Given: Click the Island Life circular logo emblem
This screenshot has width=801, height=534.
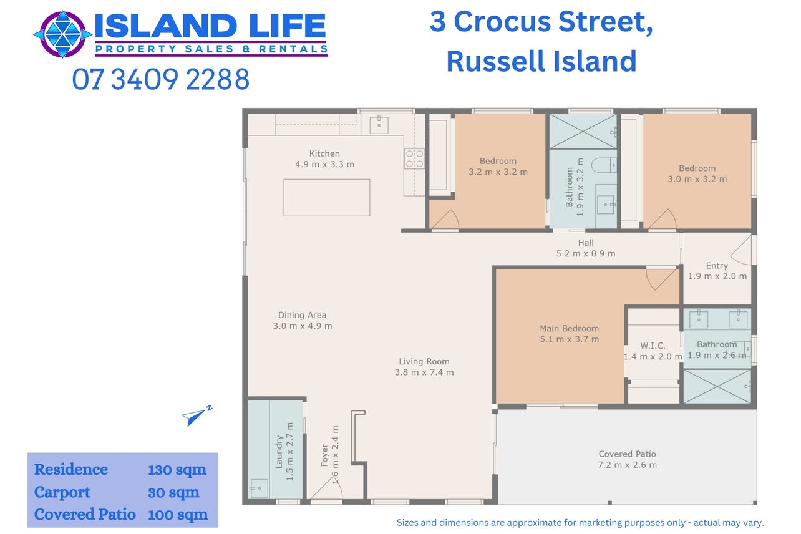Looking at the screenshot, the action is (x=62, y=34).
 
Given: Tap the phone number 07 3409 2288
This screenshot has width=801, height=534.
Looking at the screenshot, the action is (x=160, y=79).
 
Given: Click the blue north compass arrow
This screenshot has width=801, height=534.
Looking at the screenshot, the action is (x=197, y=415).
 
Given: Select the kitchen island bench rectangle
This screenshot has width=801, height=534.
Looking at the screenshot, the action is (x=327, y=197).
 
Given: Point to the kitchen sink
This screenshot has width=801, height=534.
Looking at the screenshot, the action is (x=379, y=125).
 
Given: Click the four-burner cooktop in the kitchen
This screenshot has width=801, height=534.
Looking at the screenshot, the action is (x=414, y=158).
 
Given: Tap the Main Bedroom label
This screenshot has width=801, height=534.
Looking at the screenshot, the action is (x=570, y=334).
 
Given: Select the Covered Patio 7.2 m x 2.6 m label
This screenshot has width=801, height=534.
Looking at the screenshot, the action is (x=627, y=459).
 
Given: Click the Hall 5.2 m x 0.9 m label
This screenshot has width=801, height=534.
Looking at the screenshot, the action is (x=586, y=248).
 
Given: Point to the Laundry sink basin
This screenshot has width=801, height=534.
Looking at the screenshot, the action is (x=259, y=488).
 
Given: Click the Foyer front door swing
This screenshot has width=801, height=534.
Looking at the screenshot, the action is (x=326, y=487).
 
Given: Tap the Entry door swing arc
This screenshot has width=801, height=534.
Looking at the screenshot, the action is (x=740, y=250).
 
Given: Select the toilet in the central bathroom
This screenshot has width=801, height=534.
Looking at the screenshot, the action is (x=604, y=165).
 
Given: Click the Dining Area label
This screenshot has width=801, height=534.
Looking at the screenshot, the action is (x=303, y=320).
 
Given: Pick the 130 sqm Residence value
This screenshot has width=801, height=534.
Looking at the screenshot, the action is (x=177, y=470).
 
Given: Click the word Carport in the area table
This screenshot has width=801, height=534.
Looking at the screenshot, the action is (x=62, y=492).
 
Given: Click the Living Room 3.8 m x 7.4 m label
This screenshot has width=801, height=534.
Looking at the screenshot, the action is (x=424, y=367).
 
